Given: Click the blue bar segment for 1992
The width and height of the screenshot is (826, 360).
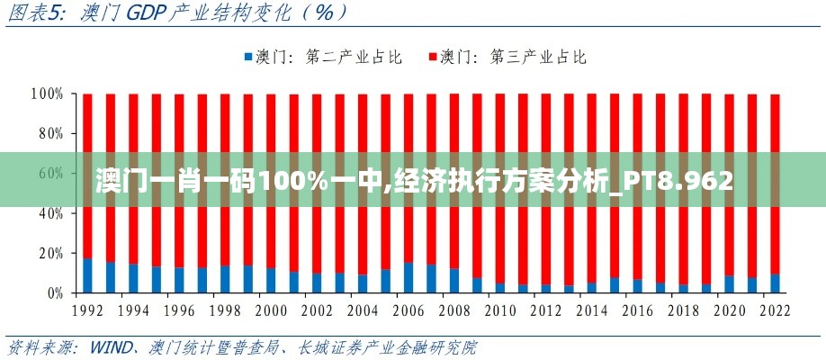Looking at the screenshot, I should click(87, 275).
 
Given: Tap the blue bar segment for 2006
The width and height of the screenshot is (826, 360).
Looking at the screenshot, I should click(409, 277).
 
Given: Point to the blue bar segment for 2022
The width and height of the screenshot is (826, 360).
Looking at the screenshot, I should click(775, 283).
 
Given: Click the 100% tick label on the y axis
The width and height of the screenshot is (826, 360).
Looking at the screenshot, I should click(46, 94).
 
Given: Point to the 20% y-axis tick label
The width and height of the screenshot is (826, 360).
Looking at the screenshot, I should click(49, 253).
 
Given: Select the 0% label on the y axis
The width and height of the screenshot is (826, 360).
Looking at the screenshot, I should click(53, 292).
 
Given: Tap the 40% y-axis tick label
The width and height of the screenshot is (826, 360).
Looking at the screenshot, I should click(49, 213).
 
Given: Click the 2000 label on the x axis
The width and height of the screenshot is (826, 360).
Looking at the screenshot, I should click(271, 310).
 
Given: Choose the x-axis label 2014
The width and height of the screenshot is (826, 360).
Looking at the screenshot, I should click(591, 310).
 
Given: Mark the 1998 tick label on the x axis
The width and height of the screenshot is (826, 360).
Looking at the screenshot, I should click(225, 310).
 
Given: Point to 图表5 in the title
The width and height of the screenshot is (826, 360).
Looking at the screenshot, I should click(34, 13).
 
